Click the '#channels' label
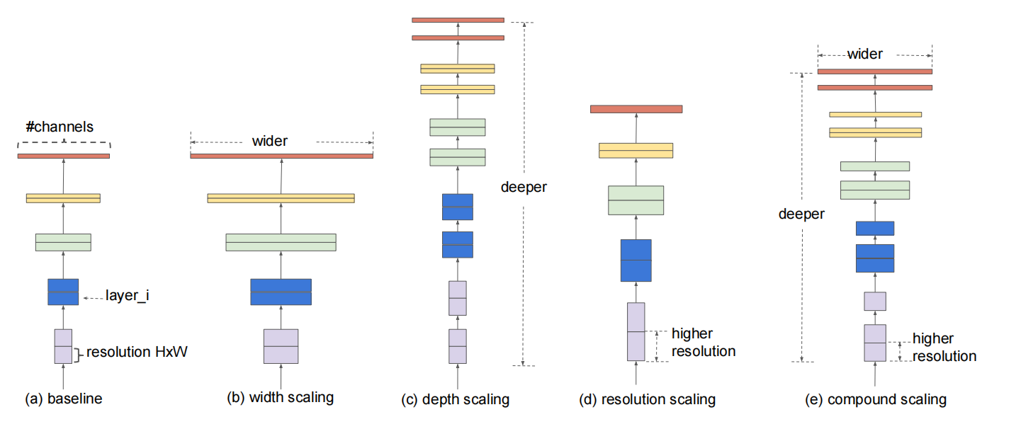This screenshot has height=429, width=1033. tap(60, 127)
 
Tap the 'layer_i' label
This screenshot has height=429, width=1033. tap(128, 295)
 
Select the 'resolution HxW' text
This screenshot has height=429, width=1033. tap(137, 352)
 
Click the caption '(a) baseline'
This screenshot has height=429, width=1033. tap(64, 399)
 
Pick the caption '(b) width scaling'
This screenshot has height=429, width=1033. tap(281, 397)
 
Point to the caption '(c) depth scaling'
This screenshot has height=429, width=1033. tap(455, 399)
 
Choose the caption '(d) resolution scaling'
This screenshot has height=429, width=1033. tap(647, 399)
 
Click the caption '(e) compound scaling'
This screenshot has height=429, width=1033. tap(876, 399)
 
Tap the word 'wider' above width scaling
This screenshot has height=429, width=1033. tap(270, 141)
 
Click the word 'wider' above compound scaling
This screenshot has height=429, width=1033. tap(865, 54)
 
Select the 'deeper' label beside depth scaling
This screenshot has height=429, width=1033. tap(524, 187)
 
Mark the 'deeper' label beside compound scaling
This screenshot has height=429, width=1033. tap(801, 214)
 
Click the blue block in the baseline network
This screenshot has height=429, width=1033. tap(63, 292)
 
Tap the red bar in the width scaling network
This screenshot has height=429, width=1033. tap(282, 156)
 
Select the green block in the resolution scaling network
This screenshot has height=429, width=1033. tap(636, 200)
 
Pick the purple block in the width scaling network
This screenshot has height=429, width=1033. tap(281, 346)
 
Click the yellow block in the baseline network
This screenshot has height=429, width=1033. tap(63, 198)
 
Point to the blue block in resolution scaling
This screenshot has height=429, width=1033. tap(636, 261)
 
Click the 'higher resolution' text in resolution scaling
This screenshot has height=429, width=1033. tap(704, 343)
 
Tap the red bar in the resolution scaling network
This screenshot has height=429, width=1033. tap(636, 109)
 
